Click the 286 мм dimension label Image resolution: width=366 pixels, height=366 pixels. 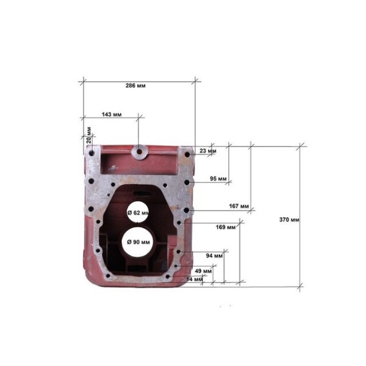click(135, 85)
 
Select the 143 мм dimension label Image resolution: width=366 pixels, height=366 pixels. click(112, 115)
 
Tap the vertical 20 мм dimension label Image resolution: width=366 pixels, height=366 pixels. click(88, 135)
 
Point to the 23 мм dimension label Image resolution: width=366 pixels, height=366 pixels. click(208, 151)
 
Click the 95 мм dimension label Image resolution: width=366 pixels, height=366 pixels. click(218, 179)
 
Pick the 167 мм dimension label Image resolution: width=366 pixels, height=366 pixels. click(239, 206)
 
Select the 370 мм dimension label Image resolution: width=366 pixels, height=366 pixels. click(289, 220)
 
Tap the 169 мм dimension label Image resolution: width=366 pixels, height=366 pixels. click(226, 227)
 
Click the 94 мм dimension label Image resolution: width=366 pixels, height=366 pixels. click(214, 256)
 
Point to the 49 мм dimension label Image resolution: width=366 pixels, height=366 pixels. click(203, 271)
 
